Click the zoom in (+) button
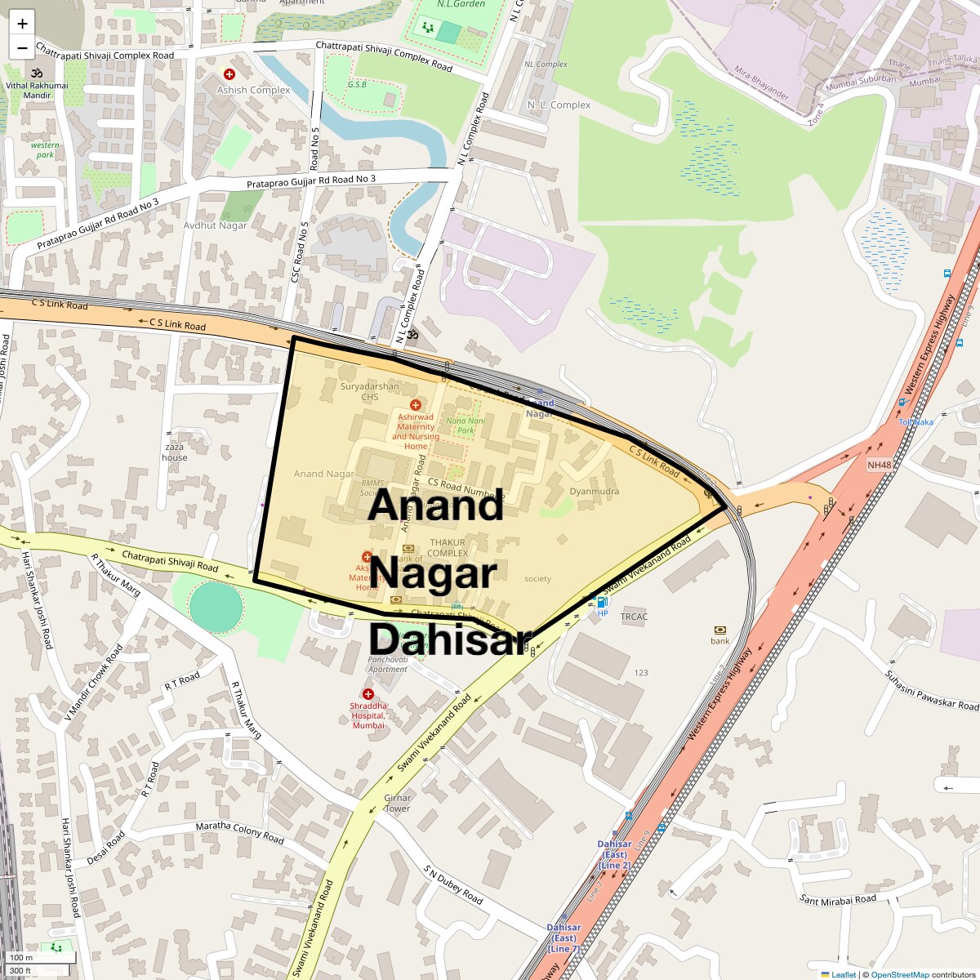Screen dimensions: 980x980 [22, 24]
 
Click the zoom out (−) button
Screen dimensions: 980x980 [22, 47]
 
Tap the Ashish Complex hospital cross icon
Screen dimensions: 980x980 [229, 74]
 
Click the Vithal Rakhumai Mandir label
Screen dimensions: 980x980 [37, 90]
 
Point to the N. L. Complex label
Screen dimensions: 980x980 [559, 105]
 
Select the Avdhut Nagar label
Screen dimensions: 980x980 [215, 225]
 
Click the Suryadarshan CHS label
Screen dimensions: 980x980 [370, 392]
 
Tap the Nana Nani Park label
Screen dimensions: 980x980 [465, 425]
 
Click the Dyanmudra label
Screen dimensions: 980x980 [594, 492]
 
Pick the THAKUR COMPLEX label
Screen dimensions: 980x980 [447, 548]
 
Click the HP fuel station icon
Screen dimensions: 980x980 [602, 603]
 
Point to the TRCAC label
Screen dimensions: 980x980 [634, 617]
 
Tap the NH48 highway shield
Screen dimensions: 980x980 [880, 465]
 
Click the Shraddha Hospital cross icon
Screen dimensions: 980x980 [368, 694]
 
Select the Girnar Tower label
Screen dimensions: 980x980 [398, 804]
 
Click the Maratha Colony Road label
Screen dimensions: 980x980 [239, 831]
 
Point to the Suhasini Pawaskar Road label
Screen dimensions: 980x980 [931, 690]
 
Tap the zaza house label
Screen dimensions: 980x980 [174, 452]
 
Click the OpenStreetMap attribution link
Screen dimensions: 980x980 [899, 974]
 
